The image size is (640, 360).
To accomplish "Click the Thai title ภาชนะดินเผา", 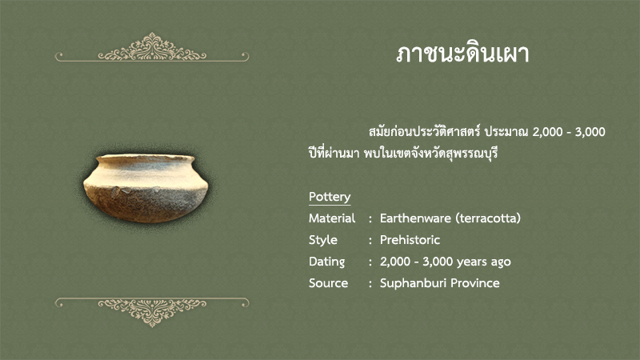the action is [x=462, y=54].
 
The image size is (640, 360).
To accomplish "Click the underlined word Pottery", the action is [x=330, y=197].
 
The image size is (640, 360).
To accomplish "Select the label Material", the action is [x=332, y=218].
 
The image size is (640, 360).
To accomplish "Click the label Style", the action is [x=323, y=240].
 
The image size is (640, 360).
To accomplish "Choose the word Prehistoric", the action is [x=410, y=240].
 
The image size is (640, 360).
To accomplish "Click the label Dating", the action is [x=326, y=262].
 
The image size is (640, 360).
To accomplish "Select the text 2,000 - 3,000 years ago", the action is [x=446, y=262].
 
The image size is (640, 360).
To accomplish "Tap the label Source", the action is [x=328, y=283].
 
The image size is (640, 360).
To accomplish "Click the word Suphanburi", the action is [x=413, y=283].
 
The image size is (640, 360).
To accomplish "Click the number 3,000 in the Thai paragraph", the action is [x=590, y=132].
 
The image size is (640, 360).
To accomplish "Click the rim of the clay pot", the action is [x=146, y=158].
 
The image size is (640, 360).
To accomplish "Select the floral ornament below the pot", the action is [x=152, y=312].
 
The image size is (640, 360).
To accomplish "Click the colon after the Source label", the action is [x=370, y=284].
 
